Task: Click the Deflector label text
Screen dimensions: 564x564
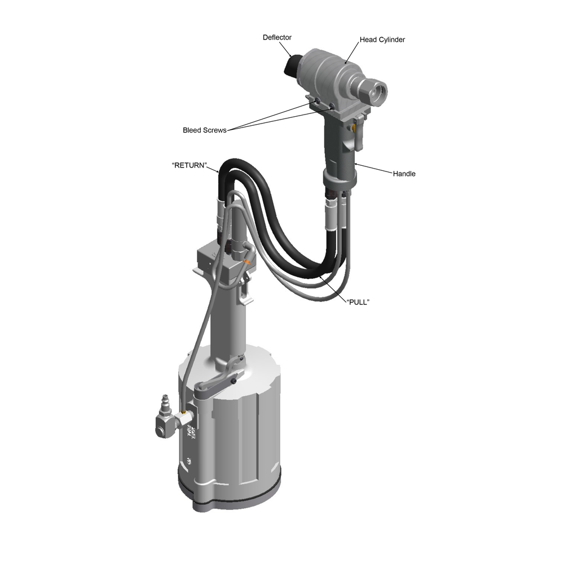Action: tap(277, 37)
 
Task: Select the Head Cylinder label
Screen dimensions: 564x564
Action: tap(382, 39)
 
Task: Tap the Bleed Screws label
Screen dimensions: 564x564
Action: tap(205, 130)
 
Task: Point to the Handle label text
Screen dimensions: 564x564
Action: tap(404, 174)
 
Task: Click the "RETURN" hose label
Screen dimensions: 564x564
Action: tap(190, 165)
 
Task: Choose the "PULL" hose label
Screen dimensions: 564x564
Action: tap(358, 302)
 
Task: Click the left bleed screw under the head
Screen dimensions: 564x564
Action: tap(317, 102)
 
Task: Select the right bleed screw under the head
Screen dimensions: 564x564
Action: tap(331, 106)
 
